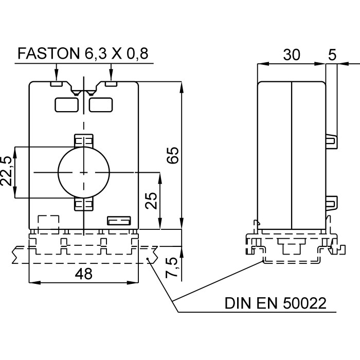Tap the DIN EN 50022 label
(x=275, y=303)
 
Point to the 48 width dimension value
(x=83, y=274)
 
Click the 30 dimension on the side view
(x=292, y=55)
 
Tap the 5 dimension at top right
(x=333, y=55)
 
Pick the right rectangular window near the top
(x=101, y=104)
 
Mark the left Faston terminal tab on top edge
(x=56, y=83)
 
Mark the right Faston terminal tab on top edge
(x=111, y=83)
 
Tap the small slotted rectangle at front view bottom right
(x=117, y=222)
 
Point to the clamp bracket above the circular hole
(x=83, y=141)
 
